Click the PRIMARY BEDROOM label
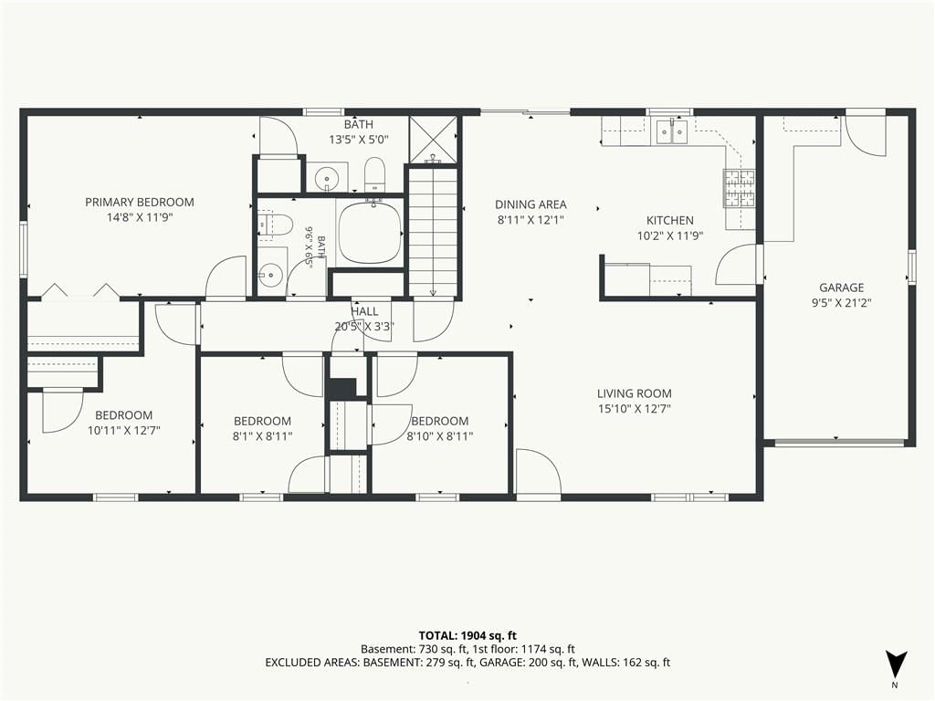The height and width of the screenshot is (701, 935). coord(140,202)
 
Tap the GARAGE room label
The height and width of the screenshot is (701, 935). coord(841,288)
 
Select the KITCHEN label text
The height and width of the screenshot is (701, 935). coord(670,220)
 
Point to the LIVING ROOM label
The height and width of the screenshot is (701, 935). coord(635,393)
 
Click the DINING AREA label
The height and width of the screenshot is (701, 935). coord(531,204)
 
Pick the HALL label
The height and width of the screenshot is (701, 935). coord(364,311)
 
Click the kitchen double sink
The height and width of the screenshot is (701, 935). coord(672,131)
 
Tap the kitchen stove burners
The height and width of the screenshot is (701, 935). coord(740,188)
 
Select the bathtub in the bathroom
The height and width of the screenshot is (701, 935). coord(370,233)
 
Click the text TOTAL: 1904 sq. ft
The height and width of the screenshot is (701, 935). coord(467,635)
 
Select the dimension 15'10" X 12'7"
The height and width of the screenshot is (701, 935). coord(635,409)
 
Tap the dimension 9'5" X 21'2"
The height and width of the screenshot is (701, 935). coord(841,303)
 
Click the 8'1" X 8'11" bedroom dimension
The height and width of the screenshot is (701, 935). coord(262,436)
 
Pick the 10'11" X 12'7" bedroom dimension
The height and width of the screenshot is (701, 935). coord(124,431)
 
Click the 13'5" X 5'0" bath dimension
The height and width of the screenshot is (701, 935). coord(359,140)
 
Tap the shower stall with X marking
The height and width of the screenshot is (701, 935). coord(434,139)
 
